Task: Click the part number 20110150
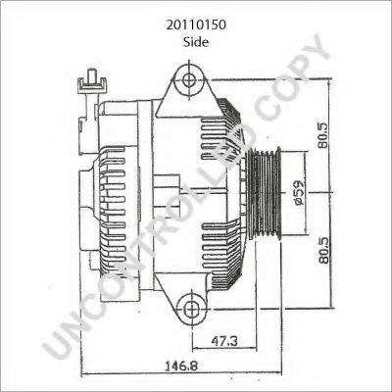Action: (196, 25)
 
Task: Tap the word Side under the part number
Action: (196, 42)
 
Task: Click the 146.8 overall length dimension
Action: (181, 366)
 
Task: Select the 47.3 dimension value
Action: (224, 341)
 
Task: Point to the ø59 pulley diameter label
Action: (299, 192)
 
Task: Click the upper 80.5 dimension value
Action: (324, 135)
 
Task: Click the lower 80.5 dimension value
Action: (324, 250)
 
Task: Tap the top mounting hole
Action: (189, 79)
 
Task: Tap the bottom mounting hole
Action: (190, 309)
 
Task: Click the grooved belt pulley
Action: (265, 193)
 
